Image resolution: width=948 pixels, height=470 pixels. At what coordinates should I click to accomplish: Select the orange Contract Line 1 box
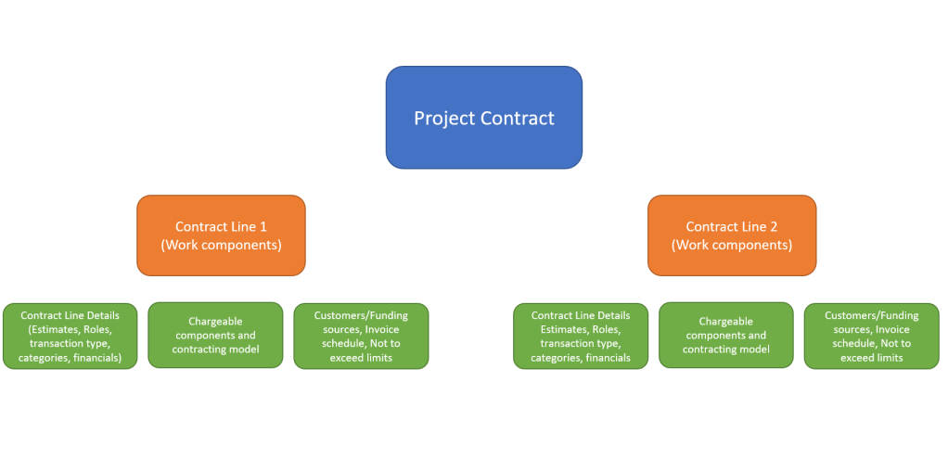coord(221,235)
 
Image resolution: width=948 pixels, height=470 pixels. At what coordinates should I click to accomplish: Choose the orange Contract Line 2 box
coord(731,235)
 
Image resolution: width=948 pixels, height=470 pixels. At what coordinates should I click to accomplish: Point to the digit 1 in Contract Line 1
coord(263,226)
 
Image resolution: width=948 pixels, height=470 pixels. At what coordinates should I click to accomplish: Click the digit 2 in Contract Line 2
coord(774,226)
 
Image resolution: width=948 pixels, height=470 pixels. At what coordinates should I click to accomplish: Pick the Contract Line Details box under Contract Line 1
coord(70,336)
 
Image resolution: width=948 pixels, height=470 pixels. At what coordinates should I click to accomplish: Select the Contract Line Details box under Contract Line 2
coord(581,336)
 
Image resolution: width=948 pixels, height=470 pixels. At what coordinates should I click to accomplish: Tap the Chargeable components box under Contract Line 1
coord(215,335)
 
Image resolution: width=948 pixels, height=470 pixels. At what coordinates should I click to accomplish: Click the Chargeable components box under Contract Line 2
coord(725,335)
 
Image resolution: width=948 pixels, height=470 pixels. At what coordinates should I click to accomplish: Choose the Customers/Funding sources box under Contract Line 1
coord(361,336)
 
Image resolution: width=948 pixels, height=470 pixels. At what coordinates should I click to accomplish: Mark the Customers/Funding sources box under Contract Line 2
coord(871,336)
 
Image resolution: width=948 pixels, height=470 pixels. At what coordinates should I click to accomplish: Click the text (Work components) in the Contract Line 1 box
coord(221,246)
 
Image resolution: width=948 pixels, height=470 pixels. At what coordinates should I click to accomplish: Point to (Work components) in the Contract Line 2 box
coord(731,246)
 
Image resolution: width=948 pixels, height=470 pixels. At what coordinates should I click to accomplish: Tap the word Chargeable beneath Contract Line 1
coord(214,322)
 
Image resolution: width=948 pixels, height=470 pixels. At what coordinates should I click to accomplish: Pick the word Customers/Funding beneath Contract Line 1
coord(361,315)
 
